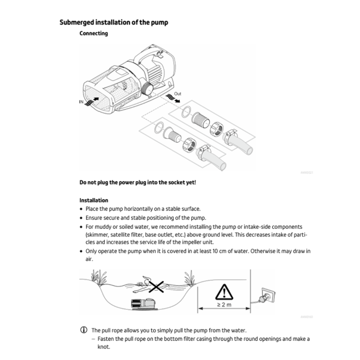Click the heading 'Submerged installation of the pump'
point(114,23)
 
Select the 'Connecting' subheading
point(94,34)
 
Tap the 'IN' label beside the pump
point(81,102)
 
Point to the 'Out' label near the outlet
point(177,94)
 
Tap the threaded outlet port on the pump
point(147,89)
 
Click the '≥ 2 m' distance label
point(224,305)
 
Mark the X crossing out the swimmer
point(156,287)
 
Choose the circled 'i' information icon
point(84,330)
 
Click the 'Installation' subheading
point(94,200)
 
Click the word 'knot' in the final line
point(103,347)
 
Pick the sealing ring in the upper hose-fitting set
point(186,112)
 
